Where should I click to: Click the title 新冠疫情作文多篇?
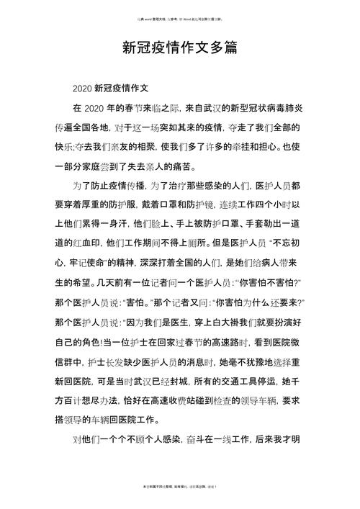coord(179,48)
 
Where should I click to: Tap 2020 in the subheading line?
coord(84,88)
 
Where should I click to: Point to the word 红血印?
coord(85,243)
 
